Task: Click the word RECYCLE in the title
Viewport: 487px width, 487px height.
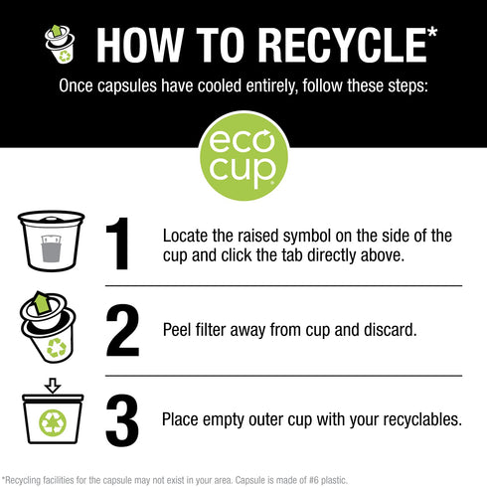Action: pyautogui.click(x=342, y=45)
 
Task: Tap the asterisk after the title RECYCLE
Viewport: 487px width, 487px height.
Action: pyautogui.click(x=431, y=34)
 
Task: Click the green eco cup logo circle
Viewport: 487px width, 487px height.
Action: pyautogui.click(x=243, y=156)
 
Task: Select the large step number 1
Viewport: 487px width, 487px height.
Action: pyautogui.click(x=118, y=243)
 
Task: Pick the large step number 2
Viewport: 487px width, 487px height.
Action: pyautogui.click(x=122, y=330)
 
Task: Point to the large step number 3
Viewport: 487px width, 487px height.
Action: pyautogui.click(x=122, y=420)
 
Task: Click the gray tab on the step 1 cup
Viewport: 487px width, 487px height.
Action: pyautogui.click(x=51, y=248)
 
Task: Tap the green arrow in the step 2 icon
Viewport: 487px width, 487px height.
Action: pyautogui.click(x=42, y=302)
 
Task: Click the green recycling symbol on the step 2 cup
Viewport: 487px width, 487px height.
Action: pyautogui.click(x=57, y=348)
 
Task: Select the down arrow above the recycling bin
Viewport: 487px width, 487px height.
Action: pyautogui.click(x=53, y=386)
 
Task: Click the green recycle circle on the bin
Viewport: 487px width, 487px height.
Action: pyautogui.click(x=53, y=422)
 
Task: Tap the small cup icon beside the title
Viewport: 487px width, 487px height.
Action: pyautogui.click(x=60, y=44)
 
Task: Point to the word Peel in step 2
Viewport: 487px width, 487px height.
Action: pyautogui.click(x=177, y=330)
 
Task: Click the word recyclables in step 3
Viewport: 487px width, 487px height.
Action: pyautogui.click(x=422, y=420)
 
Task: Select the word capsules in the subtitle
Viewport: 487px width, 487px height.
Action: pyautogui.click(x=127, y=86)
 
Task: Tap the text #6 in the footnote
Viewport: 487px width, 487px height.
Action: pyautogui.click(x=314, y=480)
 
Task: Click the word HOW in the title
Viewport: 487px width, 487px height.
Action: pyautogui.click(x=140, y=45)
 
